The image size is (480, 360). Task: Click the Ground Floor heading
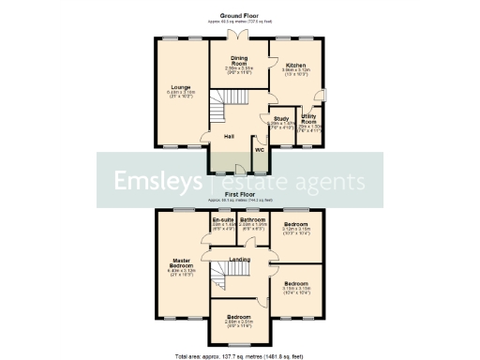(x=239, y=16)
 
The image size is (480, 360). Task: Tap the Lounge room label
(x=181, y=87)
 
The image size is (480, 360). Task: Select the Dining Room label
(x=239, y=60)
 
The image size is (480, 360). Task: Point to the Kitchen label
(x=296, y=65)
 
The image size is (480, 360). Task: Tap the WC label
(x=259, y=148)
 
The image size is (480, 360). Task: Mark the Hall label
(x=229, y=137)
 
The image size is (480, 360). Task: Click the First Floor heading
(x=239, y=195)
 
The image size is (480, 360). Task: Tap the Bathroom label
(x=254, y=220)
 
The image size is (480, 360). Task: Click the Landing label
(x=240, y=260)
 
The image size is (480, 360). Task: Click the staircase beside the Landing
(x=218, y=276)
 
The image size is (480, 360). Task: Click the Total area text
(x=239, y=355)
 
